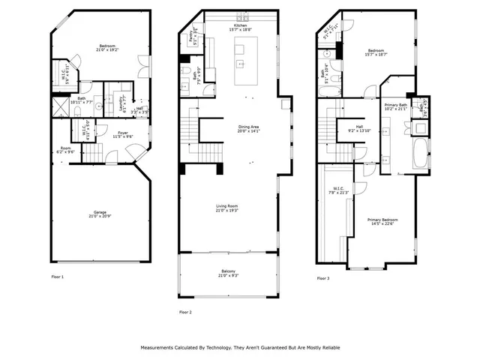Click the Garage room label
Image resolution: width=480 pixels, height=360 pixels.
coord(100,214)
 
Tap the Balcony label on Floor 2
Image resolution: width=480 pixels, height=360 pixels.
coord(228,273)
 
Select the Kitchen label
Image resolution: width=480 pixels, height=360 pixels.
coord(240,27)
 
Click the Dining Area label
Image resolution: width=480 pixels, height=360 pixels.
coord(248,129)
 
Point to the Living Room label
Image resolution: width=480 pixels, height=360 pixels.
coord(227,208)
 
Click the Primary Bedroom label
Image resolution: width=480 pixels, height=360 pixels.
coord(381,221)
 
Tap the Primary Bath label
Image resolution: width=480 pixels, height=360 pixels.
coord(395,106)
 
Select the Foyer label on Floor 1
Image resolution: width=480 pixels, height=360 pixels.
coord(122,135)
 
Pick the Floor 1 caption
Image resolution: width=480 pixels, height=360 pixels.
coord(58,277)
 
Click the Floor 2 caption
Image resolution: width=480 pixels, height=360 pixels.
coord(185,311)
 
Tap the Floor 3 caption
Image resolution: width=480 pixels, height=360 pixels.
coord(322,277)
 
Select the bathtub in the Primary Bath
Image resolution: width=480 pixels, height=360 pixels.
coord(418,145)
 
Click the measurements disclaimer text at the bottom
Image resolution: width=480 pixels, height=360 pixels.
coord(239,348)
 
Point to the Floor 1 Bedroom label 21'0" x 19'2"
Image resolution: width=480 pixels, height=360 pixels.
coord(104,49)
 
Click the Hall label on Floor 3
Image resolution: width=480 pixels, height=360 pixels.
coord(360,129)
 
